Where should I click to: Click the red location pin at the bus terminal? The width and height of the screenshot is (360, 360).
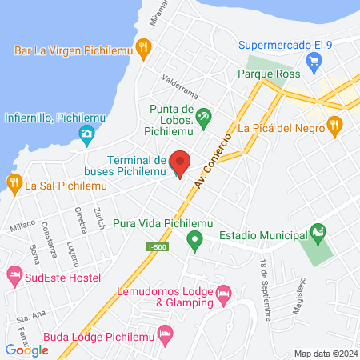click(180, 163)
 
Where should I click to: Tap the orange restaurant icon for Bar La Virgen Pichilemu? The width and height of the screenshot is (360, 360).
click(143, 48)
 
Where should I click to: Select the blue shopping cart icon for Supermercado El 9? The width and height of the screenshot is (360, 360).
click(314, 58)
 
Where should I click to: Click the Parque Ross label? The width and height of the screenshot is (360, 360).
click(269, 74)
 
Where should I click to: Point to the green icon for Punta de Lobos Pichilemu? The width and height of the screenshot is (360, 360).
click(203, 117)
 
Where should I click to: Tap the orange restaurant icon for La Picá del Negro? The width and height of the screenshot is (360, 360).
click(334, 126)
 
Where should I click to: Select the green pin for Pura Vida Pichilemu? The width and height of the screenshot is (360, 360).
click(194, 239)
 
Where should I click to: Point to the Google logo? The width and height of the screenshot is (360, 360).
click(26, 350)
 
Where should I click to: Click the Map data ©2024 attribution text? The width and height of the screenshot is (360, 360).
click(324, 354)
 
